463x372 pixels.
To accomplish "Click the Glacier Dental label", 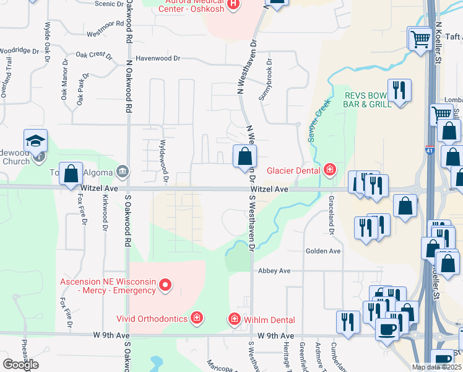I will pos(293,170).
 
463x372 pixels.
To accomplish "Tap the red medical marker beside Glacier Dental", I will pos(331,170).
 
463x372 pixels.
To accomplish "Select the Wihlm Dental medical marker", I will pos(235,319).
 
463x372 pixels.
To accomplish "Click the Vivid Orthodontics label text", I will pos(152,319).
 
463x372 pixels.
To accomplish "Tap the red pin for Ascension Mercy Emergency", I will pos(165,285).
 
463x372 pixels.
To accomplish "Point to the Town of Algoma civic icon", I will pos(123,171).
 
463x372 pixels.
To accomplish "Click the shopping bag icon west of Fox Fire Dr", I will pos(71,174).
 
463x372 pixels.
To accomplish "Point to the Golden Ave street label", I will pos(322,251).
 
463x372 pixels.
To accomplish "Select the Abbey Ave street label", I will pos(274,271).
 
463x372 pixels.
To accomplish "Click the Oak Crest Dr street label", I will pos(93,55).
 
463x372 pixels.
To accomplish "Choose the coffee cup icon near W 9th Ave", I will pos(388,329).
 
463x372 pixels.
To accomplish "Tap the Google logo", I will pos(20,365).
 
